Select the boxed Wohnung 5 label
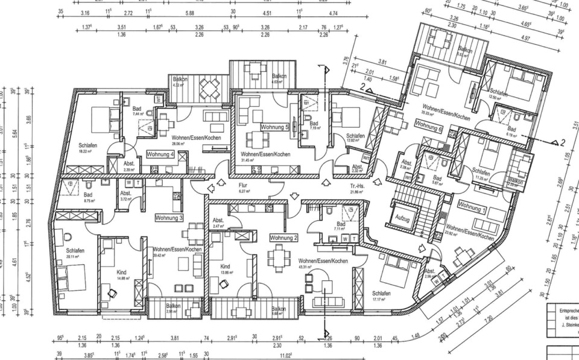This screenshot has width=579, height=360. pos(275,127)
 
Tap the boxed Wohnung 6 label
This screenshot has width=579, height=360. pos(428,128)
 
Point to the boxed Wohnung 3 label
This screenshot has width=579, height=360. pos(169,217)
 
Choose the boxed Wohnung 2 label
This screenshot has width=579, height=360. pos(284,238)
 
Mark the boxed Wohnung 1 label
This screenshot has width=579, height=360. pos(471,206)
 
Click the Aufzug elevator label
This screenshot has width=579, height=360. pos(402,219)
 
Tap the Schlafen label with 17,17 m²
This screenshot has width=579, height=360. pos(381,295)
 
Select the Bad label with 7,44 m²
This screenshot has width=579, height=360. pos(137,111)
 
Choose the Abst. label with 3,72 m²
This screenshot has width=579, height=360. pos(125,195)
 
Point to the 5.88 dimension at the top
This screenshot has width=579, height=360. pos(190,12)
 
